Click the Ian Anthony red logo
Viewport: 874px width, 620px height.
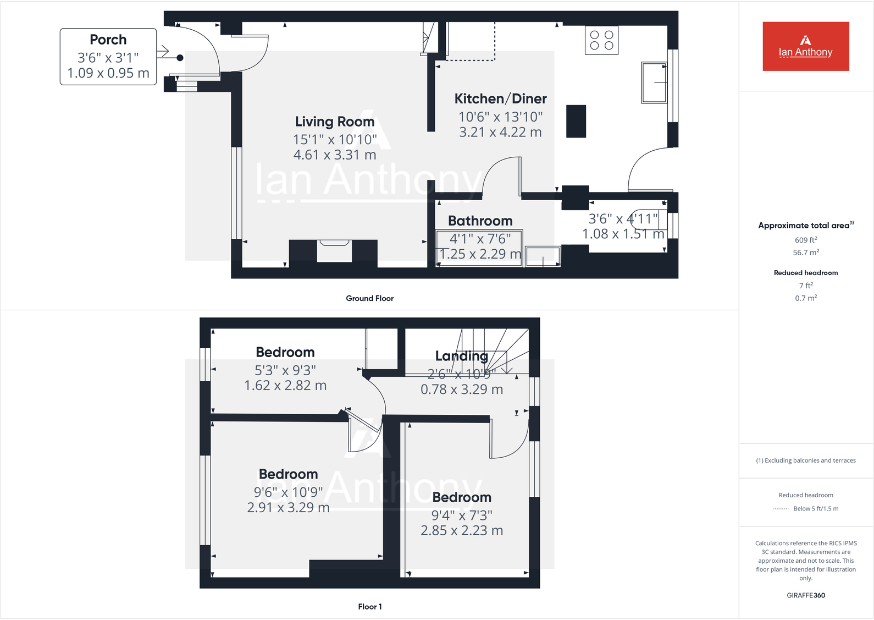pyautogui.click(x=805, y=46)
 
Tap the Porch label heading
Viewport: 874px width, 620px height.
pyautogui.click(x=108, y=40)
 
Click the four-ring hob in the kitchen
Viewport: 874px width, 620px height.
pyautogui.click(x=601, y=40)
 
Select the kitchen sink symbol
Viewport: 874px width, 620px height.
pyautogui.click(x=654, y=83)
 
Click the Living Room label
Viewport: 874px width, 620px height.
pyautogui.click(x=334, y=122)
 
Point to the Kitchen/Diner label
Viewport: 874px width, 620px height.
pyautogui.click(x=500, y=98)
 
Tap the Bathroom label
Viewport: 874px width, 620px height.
pyautogui.click(x=480, y=221)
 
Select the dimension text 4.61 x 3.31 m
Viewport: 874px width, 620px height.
pyautogui.click(x=334, y=155)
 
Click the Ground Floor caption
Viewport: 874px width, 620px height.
pyautogui.click(x=369, y=298)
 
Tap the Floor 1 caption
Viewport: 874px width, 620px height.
pyautogui.click(x=369, y=606)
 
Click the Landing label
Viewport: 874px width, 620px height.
pyautogui.click(x=461, y=356)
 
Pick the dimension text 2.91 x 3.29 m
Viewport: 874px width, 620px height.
pyautogui.click(x=288, y=507)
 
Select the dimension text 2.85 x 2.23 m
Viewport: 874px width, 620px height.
pyautogui.click(x=462, y=530)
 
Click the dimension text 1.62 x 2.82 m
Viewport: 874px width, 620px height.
pyautogui.click(x=285, y=386)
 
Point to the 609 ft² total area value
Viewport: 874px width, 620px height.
pyautogui.click(x=805, y=240)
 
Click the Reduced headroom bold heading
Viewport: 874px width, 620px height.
pyautogui.click(x=805, y=273)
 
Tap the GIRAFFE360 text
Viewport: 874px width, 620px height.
pyautogui.click(x=805, y=595)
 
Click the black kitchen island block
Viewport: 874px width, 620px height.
pyautogui.click(x=576, y=121)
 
